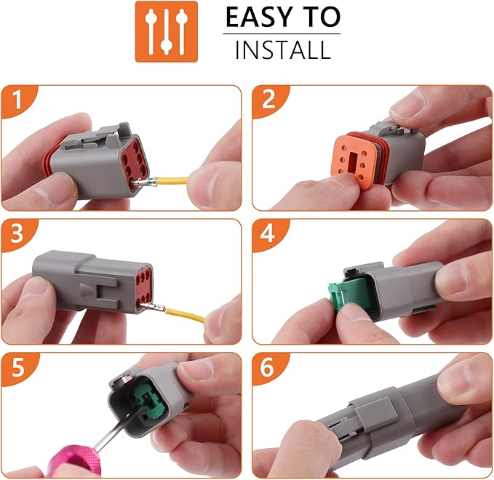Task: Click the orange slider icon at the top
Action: click(x=166, y=31)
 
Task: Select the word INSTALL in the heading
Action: click(x=282, y=50)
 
